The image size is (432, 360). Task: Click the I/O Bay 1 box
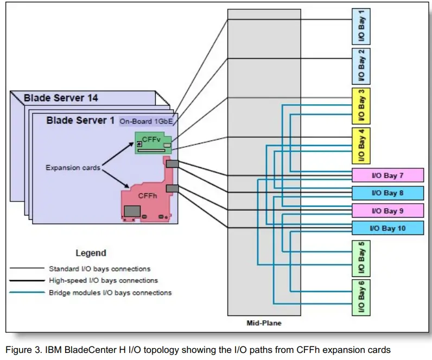coord(361,27)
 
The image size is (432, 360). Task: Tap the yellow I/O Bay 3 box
coord(361,106)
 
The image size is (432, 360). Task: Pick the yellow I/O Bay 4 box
coord(361,145)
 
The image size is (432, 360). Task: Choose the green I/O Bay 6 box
coord(361,298)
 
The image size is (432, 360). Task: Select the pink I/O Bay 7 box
coord(387,175)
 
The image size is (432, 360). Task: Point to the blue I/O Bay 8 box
coord(387,193)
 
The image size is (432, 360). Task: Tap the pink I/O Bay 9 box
coord(387,211)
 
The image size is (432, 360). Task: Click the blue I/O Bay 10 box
coord(387,228)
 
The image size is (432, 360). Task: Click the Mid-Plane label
coord(264,323)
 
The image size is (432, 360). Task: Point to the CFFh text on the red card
coord(148,196)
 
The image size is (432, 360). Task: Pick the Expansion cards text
coord(73,168)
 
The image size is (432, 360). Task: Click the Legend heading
coord(91,253)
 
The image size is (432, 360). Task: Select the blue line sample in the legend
coord(27,293)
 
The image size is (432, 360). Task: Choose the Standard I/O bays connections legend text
coord(99,269)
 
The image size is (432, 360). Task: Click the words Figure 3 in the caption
coord(24,350)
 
